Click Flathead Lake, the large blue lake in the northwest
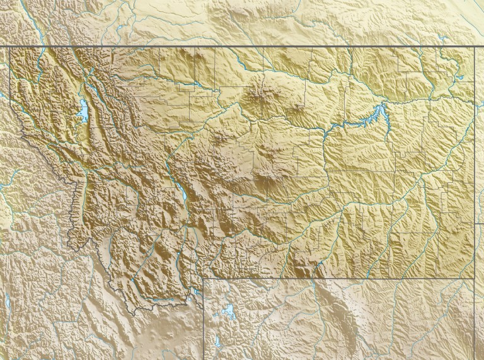point(83,111)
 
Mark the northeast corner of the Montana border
point(473,47)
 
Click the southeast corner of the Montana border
point(473,277)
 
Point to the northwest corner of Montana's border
point(10,47)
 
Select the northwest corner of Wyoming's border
point(204,278)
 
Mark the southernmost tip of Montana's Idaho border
point(151,309)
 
